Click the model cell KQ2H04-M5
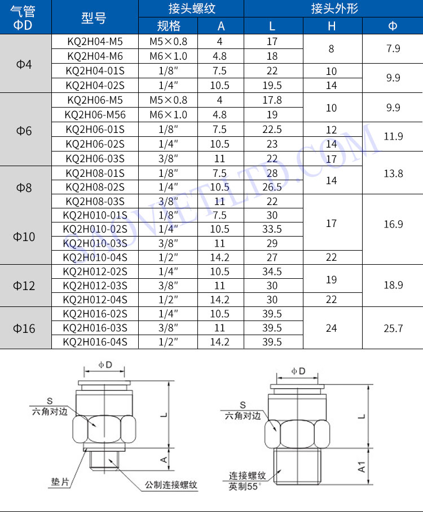(95, 42)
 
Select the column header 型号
(94, 18)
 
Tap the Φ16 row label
(24, 328)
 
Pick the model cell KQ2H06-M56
(95, 114)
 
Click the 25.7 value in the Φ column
(393, 328)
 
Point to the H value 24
(331, 328)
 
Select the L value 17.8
(272, 100)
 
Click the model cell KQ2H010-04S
(95, 257)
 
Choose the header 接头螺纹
(192, 8)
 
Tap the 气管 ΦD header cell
(23, 18)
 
